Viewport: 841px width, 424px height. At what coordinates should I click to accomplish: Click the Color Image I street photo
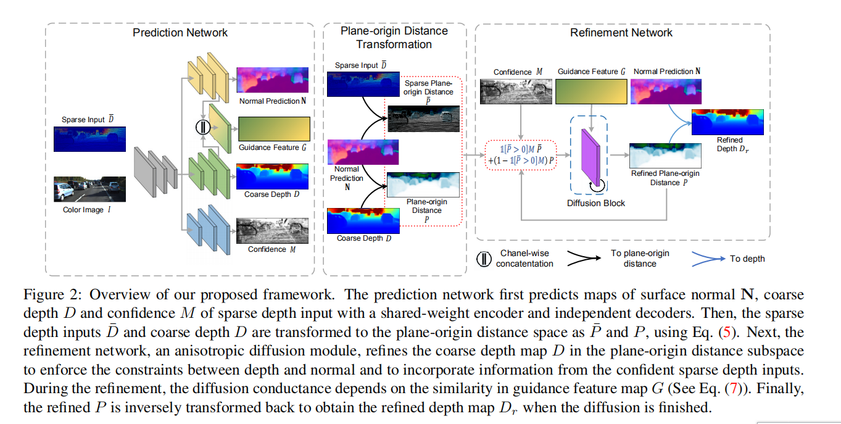click(x=89, y=189)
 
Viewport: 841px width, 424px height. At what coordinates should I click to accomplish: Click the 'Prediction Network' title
click(x=180, y=33)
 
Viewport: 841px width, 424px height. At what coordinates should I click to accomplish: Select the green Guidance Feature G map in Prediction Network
click(x=273, y=129)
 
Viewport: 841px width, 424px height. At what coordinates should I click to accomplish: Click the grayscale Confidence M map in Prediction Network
click(x=272, y=231)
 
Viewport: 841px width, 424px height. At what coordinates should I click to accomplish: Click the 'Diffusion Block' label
click(x=596, y=203)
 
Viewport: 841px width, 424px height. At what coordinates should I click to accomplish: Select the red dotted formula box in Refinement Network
click(x=522, y=155)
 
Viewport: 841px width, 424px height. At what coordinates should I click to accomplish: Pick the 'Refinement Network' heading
click(x=621, y=33)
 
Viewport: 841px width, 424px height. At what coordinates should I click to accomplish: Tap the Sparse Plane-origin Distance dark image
click(x=423, y=118)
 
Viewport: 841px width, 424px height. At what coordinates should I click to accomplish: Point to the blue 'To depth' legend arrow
click(x=707, y=258)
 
